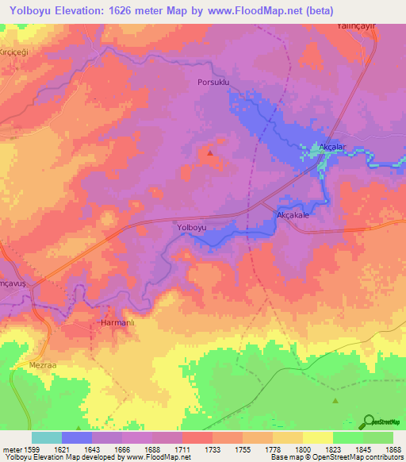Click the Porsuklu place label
214,81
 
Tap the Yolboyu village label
191,228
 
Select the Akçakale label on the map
292,215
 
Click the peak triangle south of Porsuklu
210,152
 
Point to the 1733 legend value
213,449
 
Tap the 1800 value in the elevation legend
303,449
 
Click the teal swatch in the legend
47,437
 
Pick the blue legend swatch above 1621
77,437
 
